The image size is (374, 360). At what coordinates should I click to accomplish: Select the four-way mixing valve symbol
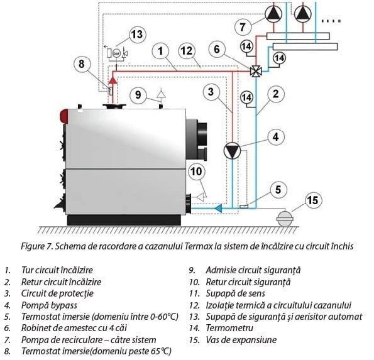[256, 71]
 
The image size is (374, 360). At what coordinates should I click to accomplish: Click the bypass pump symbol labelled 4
[232, 150]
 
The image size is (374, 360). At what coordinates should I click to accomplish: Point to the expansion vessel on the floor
[285, 219]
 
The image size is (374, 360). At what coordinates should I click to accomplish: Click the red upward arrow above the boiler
[113, 80]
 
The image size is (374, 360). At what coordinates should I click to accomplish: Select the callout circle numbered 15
[312, 200]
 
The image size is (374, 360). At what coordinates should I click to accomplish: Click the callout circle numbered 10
[196, 172]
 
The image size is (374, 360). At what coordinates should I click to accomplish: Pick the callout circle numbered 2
[275, 94]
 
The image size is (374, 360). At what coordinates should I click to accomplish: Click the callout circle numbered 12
[187, 51]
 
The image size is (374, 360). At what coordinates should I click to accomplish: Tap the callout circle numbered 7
[243, 27]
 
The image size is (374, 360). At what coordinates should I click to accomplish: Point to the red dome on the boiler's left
[64, 116]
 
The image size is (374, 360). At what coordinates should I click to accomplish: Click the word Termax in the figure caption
[199, 246]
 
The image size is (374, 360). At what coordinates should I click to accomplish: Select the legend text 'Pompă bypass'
[49, 305]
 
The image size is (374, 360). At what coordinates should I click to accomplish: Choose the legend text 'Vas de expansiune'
[241, 340]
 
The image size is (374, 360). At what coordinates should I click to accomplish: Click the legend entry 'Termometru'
[229, 328]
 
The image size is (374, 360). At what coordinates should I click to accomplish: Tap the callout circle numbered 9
[138, 95]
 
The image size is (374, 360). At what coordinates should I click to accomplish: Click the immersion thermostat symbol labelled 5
[244, 207]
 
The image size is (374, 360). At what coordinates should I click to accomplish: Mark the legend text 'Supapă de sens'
[236, 294]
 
